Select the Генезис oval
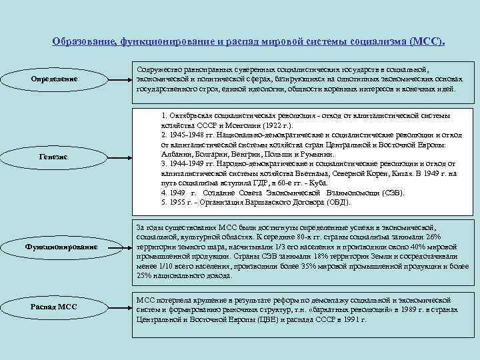tap(64, 156)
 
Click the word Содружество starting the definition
tap(156, 69)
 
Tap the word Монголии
tap(230, 125)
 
